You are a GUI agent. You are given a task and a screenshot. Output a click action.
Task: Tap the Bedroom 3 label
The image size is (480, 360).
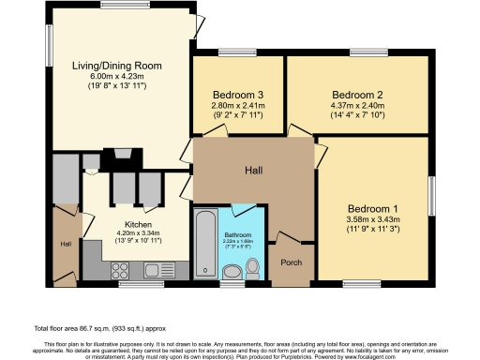[x=238, y=96]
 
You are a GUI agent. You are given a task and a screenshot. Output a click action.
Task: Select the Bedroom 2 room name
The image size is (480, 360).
[x=357, y=95]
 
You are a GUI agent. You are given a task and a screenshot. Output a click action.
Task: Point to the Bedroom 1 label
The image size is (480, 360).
[x=372, y=208]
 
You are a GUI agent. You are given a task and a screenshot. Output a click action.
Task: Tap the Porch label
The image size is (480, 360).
[x=292, y=262]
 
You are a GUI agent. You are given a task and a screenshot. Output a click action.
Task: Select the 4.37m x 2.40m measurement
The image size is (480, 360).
[x=357, y=105]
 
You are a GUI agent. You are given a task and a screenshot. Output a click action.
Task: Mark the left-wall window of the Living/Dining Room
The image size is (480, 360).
[x=51, y=43]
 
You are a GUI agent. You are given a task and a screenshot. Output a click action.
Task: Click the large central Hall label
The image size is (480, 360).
[x=254, y=171]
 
